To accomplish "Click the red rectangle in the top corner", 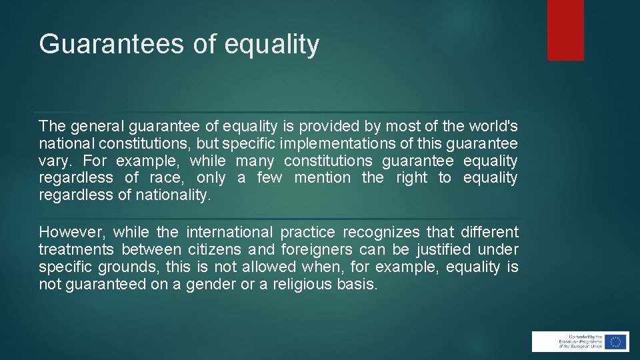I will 565,30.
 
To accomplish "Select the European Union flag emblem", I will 616,341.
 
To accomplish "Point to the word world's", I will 493,126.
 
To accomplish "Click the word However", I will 70,233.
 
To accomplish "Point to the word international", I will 229,233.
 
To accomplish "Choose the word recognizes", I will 381,233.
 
